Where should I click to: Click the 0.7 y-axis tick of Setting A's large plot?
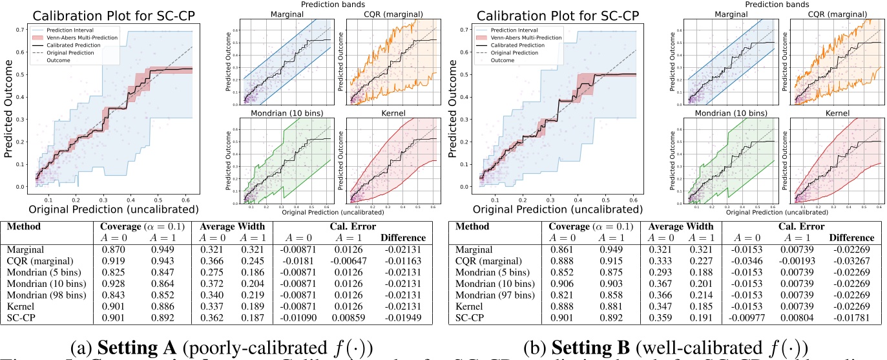click(21, 30)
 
